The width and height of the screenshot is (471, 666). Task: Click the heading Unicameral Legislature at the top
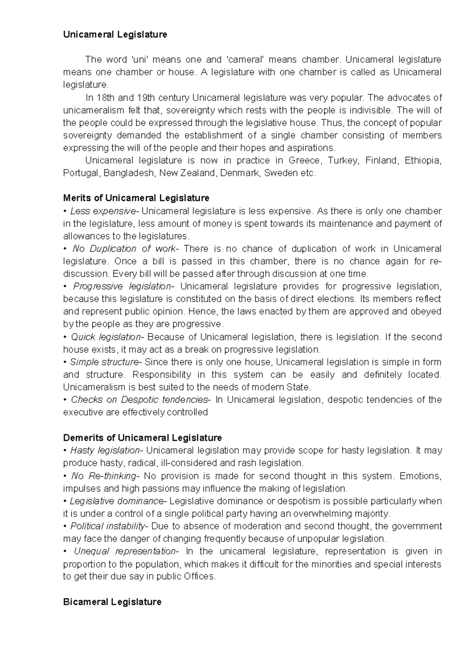pyautogui.click(x=115, y=35)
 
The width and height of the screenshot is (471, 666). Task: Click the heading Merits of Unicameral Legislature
pyautogui.click(x=136, y=198)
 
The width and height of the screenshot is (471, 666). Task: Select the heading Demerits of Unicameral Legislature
pyautogui.click(x=142, y=437)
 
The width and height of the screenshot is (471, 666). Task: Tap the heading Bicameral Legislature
pyautogui.click(x=112, y=602)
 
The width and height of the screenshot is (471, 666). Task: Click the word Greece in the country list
pyautogui.click(x=304, y=161)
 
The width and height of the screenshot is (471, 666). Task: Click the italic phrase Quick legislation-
pyautogui.click(x=107, y=337)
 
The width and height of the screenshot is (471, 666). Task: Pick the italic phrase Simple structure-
pyautogui.click(x=104, y=362)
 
